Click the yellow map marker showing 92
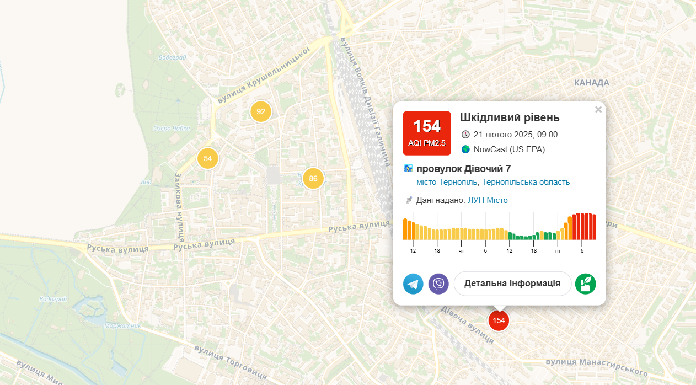click(x=261, y=111)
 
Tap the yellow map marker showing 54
click(x=207, y=159)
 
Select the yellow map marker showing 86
click(x=313, y=178)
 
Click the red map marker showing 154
click(x=499, y=320)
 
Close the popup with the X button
click(x=598, y=109)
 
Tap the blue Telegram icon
click(x=413, y=284)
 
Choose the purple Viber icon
click(x=438, y=284)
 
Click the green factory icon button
click(x=585, y=284)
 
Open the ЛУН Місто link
click(x=488, y=200)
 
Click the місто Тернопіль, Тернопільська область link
click(x=493, y=182)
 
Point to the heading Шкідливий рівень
click(x=510, y=117)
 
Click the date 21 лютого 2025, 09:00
click(x=515, y=135)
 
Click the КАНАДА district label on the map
click(x=591, y=83)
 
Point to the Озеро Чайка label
click(x=171, y=129)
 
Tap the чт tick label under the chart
click(x=461, y=251)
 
